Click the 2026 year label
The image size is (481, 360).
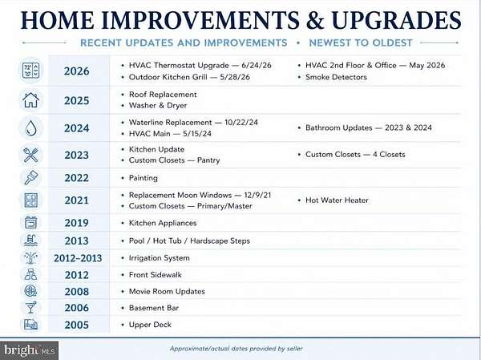(x=76, y=71)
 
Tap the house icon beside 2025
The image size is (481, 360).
(x=30, y=100)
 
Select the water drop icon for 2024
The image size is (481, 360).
(x=30, y=127)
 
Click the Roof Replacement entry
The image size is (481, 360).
(x=163, y=95)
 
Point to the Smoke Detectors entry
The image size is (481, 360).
(x=336, y=77)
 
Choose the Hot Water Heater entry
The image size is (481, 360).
(x=337, y=200)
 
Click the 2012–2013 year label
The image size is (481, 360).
(x=78, y=258)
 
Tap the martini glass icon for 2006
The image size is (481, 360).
(x=30, y=307)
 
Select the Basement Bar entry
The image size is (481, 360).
(x=154, y=308)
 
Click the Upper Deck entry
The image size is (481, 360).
(x=150, y=325)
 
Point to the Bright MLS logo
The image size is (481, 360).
(x=29, y=350)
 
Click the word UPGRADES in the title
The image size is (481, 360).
(x=396, y=21)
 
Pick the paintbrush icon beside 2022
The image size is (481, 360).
(x=30, y=177)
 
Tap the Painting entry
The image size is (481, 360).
(x=143, y=178)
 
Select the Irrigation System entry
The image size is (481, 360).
(x=160, y=258)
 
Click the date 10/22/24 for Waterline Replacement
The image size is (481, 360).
(x=241, y=123)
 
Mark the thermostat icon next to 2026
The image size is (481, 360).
(x=30, y=71)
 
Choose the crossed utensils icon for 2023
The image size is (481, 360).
(x=30, y=155)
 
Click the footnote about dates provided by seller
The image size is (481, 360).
(x=236, y=349)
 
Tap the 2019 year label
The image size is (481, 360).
(x=76, y=223)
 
